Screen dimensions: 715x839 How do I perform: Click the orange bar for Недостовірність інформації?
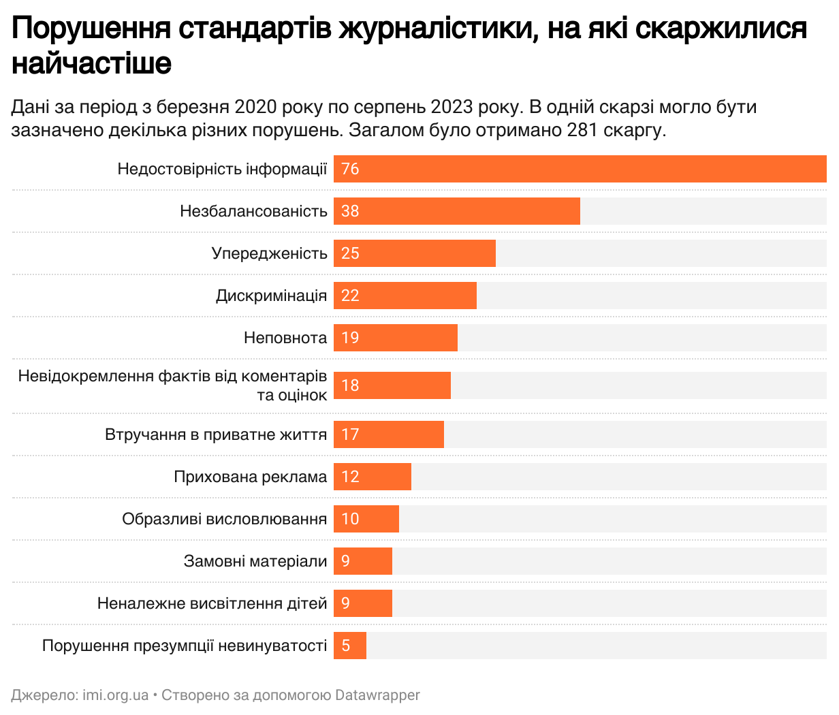(579, 169)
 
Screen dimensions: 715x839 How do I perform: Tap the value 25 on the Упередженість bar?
(350, 253)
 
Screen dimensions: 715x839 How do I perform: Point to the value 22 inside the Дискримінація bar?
(350, 296)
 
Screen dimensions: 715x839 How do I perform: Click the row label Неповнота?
(285, 338)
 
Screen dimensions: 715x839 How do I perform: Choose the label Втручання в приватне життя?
(216, 434)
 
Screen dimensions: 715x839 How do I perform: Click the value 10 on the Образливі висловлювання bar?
(350, 519)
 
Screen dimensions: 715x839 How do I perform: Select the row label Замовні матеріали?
(255, 561)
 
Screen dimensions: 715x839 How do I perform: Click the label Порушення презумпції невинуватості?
(185, 646)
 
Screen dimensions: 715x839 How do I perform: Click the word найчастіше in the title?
(92, 63)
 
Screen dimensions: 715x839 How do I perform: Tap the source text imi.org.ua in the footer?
(115, 695)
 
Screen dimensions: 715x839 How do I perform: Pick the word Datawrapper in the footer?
(378, 695)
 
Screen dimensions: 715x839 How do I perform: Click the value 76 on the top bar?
(350, 169)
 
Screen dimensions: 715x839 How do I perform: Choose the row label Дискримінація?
(271, 296)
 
